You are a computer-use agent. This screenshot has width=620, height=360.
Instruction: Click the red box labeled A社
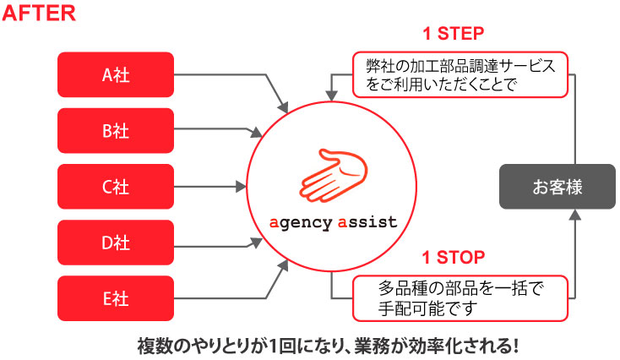(x=115, y=74)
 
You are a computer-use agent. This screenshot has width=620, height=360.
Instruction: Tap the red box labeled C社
(x=115, y=187)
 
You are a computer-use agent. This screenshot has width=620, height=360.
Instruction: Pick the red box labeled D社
(x=115, y=243)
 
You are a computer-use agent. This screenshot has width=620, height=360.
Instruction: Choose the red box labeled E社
(x=115, y=297)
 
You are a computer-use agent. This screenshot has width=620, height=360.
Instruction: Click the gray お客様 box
(x=557, y=187)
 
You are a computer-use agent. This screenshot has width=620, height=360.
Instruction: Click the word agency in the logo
(x=298, y=222)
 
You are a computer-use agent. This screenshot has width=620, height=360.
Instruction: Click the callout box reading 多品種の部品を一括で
(x=460, y=297)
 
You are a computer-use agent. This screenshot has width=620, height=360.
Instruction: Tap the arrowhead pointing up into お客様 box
(x=575, y=215)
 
